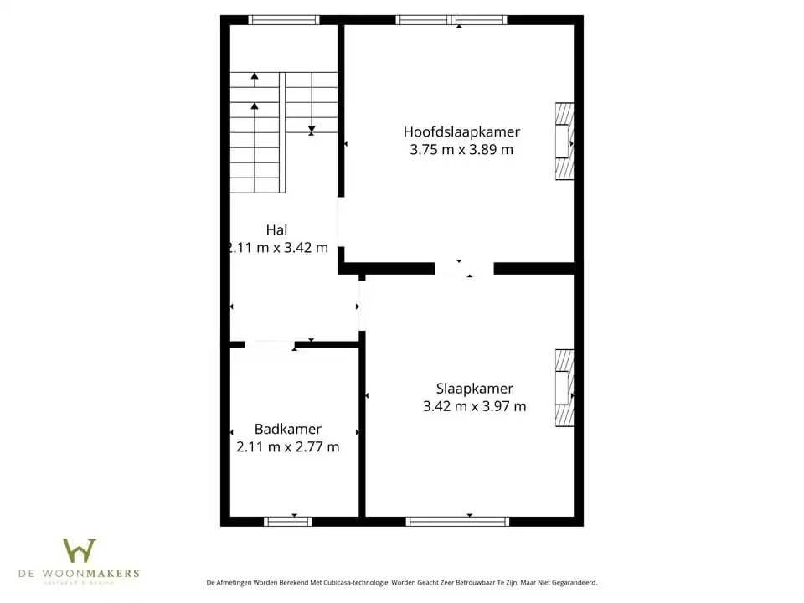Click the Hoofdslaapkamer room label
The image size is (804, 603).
[x=461, y=131]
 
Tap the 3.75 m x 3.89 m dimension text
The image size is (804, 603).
[x=461, y=150]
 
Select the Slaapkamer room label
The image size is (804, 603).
[x=474, y=389]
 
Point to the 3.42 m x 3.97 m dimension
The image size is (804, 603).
[x=474, y=407]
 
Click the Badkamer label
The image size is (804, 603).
[x=288, y=429]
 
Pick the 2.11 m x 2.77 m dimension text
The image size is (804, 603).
[x=288, y=447]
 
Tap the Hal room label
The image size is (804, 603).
[x=276, y=229]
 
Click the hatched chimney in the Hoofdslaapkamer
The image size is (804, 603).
[x=564, y=142]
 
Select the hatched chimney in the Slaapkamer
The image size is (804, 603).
[x=564, y=388]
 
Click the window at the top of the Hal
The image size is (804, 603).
[x=284, y=20]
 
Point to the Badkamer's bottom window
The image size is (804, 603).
[x=288, y=521]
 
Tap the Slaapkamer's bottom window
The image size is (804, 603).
[x=457, y=521]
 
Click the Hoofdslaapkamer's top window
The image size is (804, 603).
[x=451, y=20]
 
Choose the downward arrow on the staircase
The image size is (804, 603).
[x=312, y=130]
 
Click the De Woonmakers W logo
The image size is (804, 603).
[x=80, y=551]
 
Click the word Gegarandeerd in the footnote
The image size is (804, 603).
[x=572, y=583]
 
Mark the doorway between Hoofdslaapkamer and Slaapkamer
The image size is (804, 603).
[x=464, y=269]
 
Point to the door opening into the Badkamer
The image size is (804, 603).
[x=270, y=343]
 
